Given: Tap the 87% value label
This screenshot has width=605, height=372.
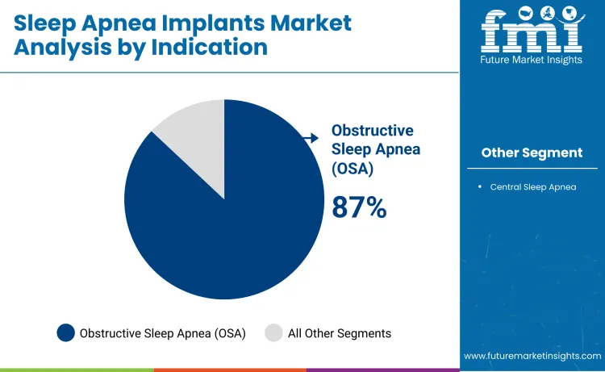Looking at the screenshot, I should coord(359,207).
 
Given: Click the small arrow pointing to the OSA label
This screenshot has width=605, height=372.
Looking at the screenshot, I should coord(311,139).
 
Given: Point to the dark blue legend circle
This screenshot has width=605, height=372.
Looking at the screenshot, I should coord(66,332).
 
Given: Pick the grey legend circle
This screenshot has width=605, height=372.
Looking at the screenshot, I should coord(274,332).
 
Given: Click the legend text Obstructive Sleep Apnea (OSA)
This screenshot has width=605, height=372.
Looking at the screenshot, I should coord(162,333).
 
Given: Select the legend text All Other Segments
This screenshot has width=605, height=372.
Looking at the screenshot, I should coord(340,333).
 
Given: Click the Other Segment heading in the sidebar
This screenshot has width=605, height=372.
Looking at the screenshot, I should coord(532,153).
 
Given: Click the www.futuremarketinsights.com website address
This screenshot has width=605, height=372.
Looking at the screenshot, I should coord(532,355).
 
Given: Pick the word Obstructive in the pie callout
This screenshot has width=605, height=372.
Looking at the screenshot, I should coord(372,131).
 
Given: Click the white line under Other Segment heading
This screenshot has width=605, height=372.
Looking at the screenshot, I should coord(532,168).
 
